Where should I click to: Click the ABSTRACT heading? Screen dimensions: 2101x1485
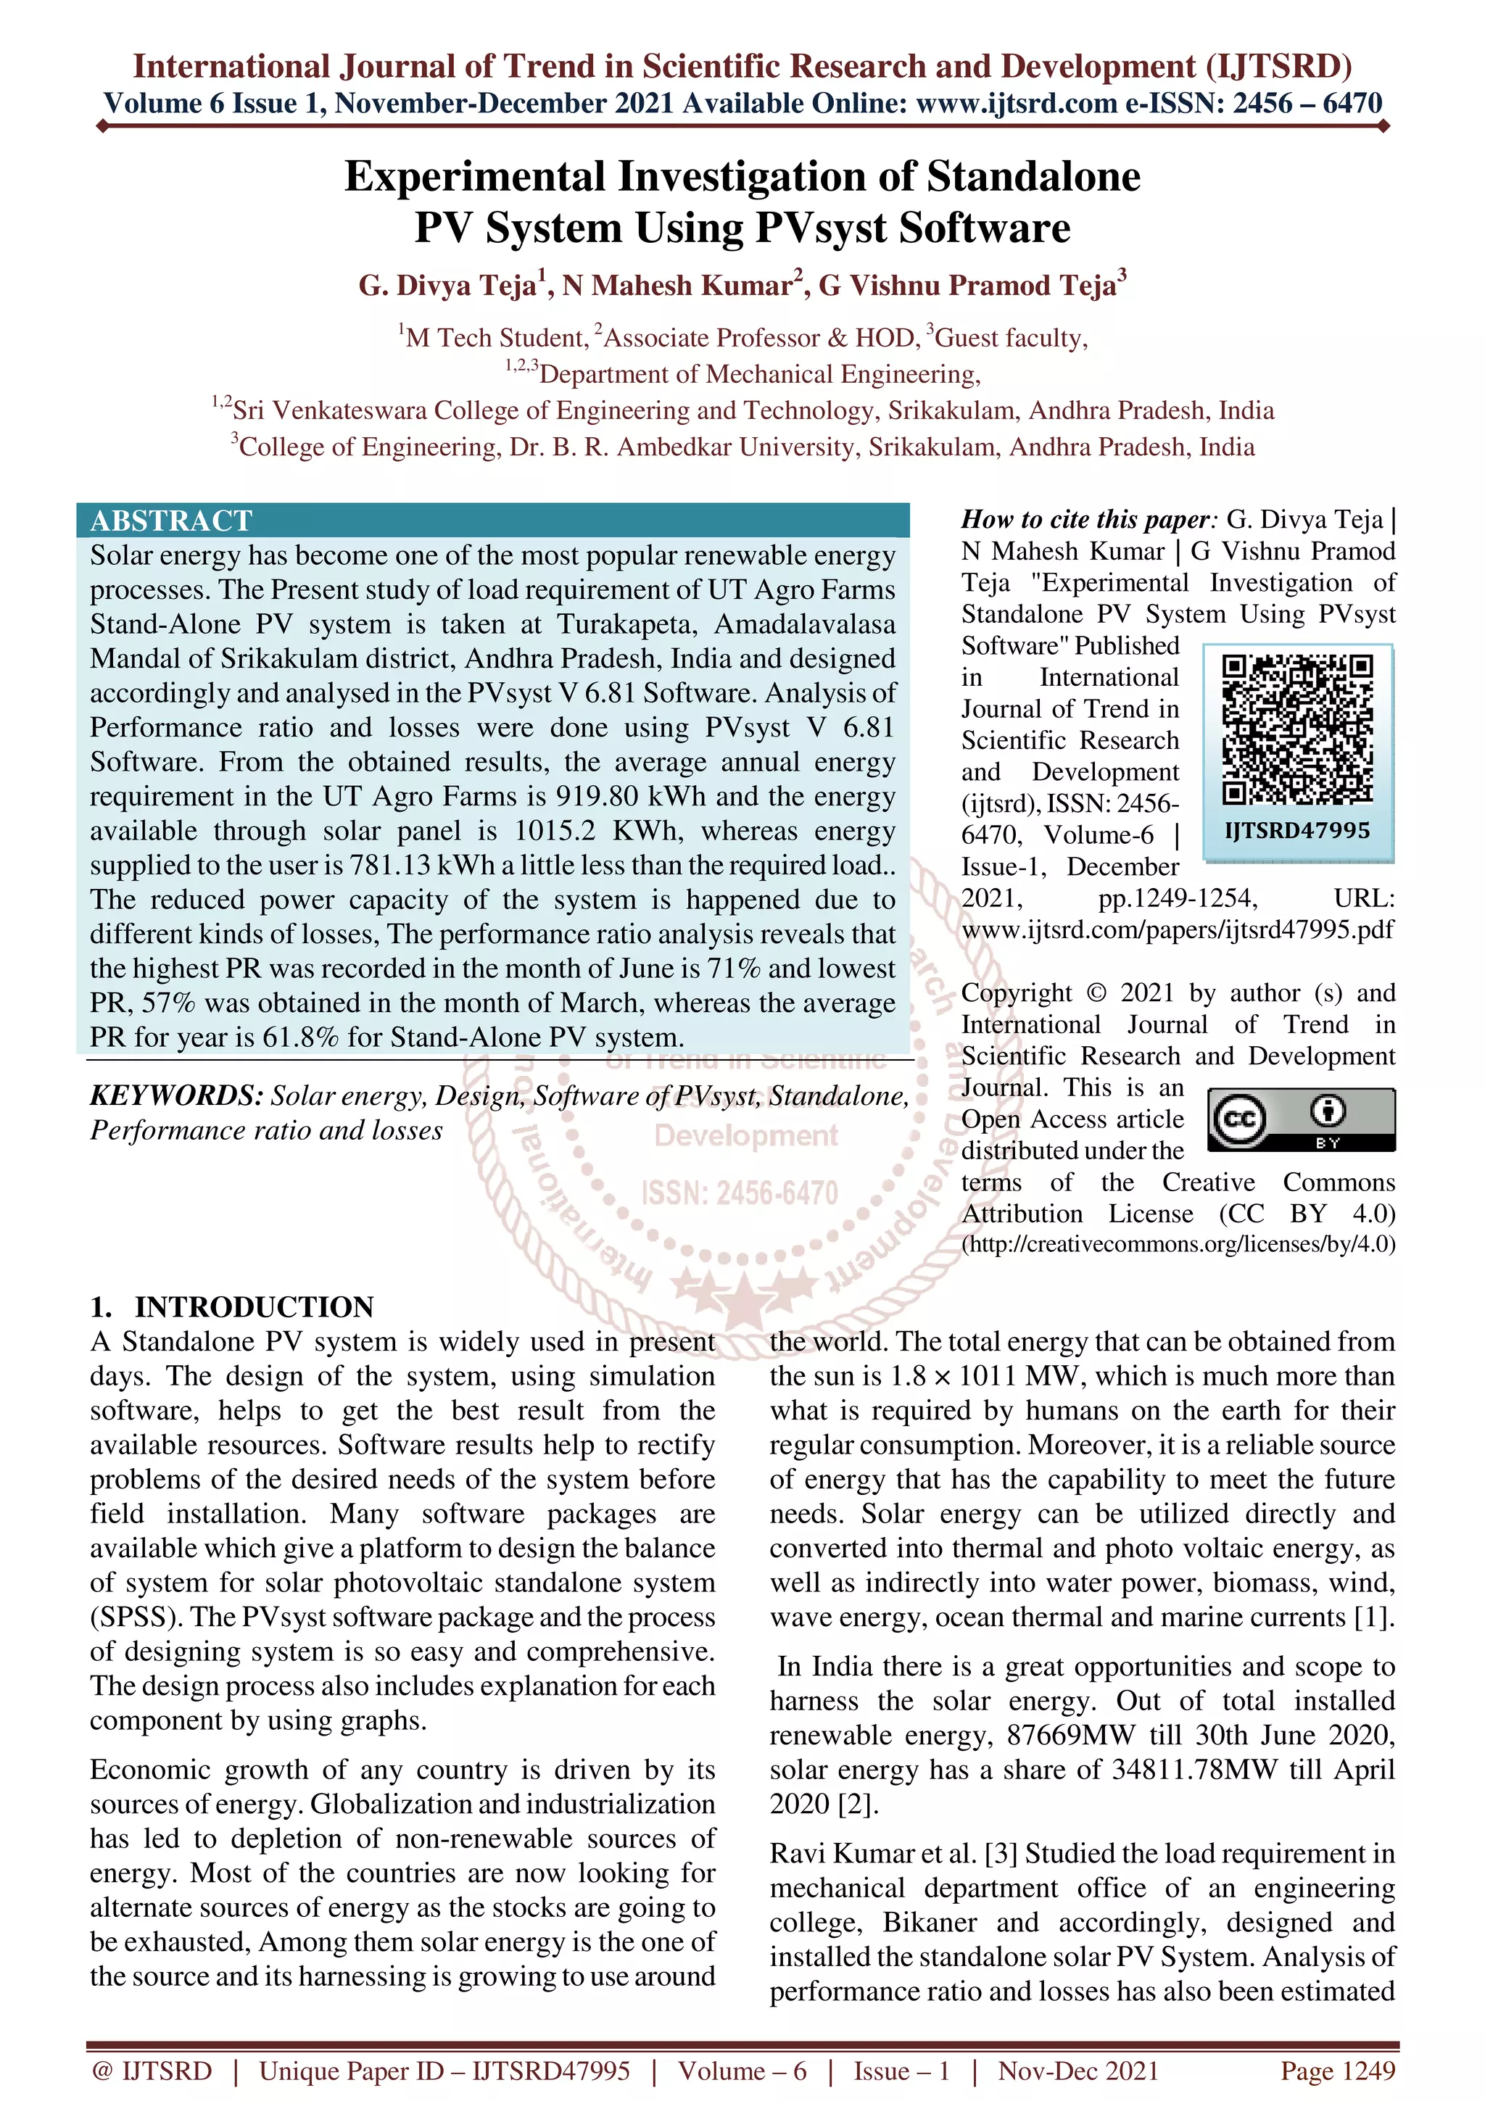click(x=171, y=521)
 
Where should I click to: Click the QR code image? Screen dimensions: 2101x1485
click(x=1297, y=730)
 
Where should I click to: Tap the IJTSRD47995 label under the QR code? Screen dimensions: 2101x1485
click(x=1297, y=831)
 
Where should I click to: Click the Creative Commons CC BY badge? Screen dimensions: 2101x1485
click(x=1301, y=1119)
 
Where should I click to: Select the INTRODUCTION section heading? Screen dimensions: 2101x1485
click(x=254, y=1306)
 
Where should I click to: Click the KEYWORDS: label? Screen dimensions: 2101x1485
click(x=177, y=1095)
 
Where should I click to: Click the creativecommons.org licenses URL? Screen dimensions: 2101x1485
click(x=1178, y=1245)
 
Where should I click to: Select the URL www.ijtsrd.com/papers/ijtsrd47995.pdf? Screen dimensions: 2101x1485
click(x=1178, y=929)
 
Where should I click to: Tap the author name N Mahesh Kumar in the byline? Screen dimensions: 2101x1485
click(x=677, y=286)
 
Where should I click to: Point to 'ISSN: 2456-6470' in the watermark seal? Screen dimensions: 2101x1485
click(x=740, y=1193)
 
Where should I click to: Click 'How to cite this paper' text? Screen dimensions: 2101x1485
click(x=1087, y=520)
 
